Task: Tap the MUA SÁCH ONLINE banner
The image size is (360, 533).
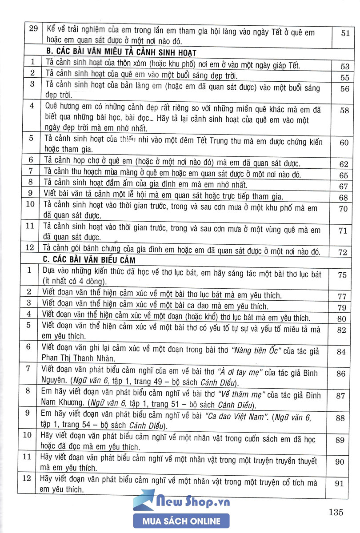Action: point(181,521)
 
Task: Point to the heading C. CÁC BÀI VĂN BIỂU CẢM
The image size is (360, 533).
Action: point(91,259)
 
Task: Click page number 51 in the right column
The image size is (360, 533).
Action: point(345,32)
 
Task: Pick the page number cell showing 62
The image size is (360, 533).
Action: point(344,163)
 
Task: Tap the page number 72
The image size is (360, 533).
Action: point(342,252)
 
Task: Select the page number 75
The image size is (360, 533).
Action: point(342,275)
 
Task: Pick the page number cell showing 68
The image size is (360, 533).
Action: point(343,198)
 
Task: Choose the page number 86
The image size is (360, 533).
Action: point(341,374)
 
